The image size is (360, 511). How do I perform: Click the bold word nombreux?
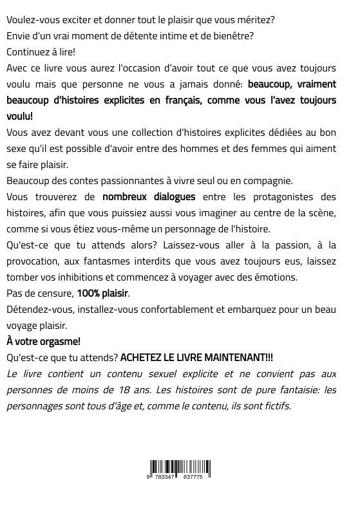click(x=126, y=197)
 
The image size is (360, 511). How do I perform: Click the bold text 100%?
click(x=88, y=293)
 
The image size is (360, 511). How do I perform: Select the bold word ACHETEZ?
click(x=142, y=358)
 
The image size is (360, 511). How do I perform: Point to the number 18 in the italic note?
click(x=126, y=390)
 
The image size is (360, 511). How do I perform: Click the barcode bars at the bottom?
click(x=180, y=467)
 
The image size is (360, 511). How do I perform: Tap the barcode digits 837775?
click(x=193, y=477)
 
